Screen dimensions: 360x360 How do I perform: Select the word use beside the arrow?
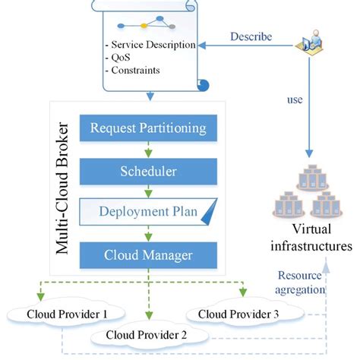[x=295, y=99]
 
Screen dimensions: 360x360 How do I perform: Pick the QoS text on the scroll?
[x=114, y=58]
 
